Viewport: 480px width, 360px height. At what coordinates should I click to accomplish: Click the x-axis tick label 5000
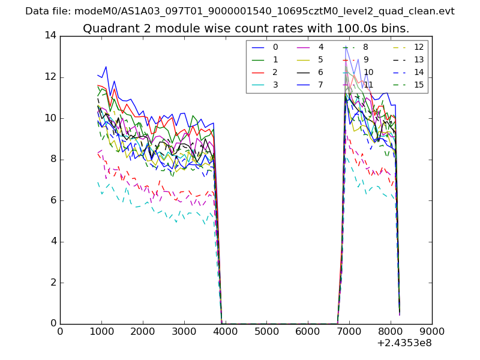point(267,332)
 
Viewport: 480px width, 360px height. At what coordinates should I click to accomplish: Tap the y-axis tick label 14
point(50,36)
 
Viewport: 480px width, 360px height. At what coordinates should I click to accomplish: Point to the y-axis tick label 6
point(53,200)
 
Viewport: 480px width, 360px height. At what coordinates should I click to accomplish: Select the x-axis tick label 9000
point(432,332)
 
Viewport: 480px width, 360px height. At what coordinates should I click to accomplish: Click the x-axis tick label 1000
point(101,332)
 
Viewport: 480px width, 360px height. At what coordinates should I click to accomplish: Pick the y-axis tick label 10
point(50,118)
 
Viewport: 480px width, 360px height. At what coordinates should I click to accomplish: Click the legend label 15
point(419,85)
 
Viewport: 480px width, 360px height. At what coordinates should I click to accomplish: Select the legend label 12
point(419,47)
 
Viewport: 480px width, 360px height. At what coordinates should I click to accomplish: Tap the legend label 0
point(275,47)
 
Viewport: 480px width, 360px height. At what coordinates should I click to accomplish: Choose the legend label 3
point(275,85)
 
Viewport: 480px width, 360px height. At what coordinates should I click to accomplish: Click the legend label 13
point(419,59)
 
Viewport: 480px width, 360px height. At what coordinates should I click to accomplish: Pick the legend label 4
point(320,47)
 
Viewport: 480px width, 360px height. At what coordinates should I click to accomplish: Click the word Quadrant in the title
point(109,29)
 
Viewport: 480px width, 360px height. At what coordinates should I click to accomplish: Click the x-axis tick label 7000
point(350,332)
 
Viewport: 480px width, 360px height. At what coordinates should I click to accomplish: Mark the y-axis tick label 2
point(53,283)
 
